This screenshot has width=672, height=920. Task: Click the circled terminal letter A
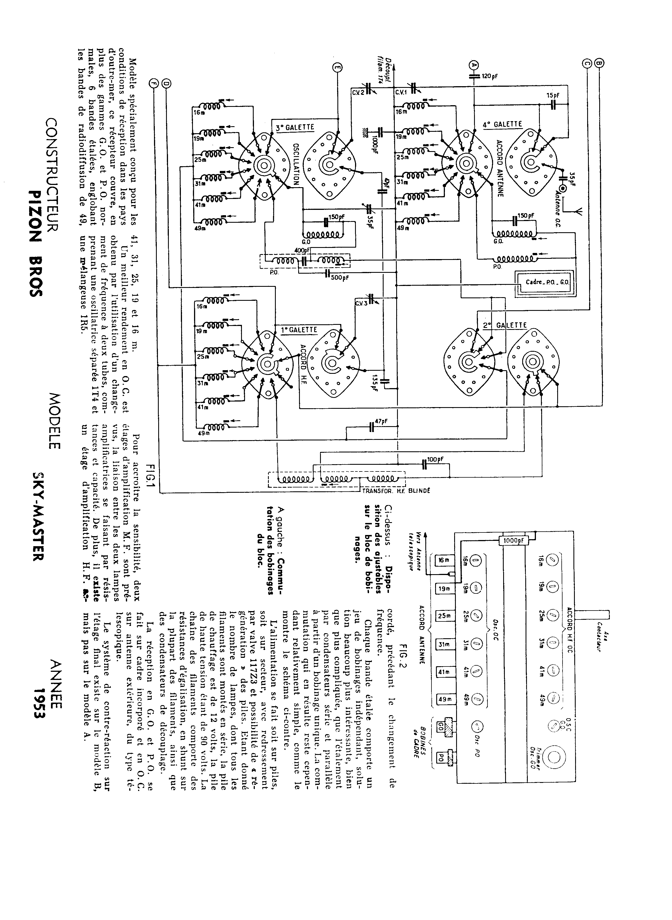(x=473, y=64)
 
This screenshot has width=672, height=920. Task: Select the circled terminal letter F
(x=153, y=82)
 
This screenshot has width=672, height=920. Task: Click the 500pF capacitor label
(x=339, y=277)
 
